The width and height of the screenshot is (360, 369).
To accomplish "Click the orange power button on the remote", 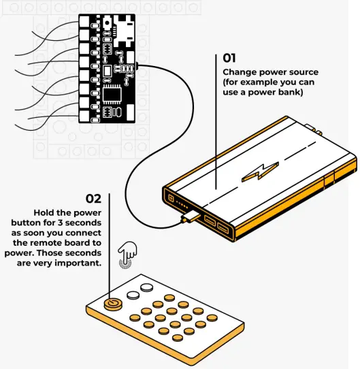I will click(x=113, y=304).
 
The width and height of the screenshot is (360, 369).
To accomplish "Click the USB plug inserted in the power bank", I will click(x=192, y=217).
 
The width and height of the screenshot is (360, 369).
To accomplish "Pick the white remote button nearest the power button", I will click(x=130, y=295).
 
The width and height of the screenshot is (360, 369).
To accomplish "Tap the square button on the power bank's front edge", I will click(x=167, y=198).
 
